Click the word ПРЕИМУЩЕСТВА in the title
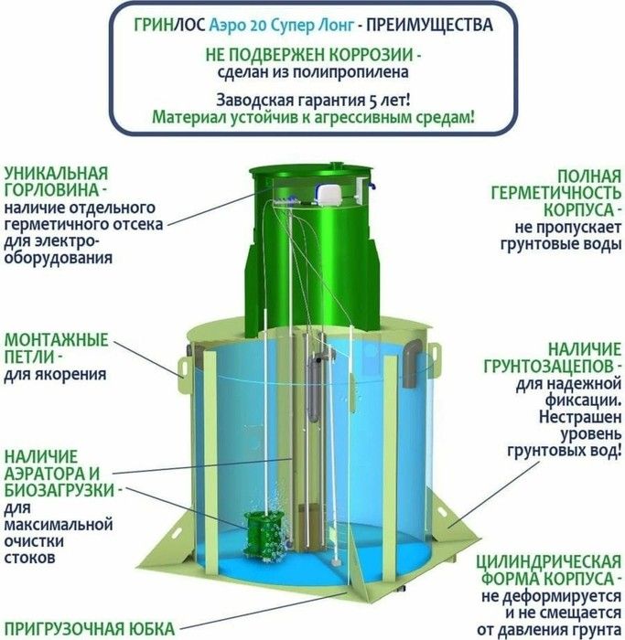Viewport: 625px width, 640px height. click(429, 26)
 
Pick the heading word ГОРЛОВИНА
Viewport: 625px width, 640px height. click(51, 190)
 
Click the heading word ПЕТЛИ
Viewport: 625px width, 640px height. click(29, 357)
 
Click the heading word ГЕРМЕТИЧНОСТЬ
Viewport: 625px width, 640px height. click(556, 193)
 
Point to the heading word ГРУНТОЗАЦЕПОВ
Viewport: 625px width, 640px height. click(549, 367)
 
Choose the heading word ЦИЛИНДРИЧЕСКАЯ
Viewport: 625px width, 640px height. click(549, 562)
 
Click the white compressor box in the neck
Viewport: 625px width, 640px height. click(329, 194)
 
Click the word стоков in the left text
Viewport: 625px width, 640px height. click(29, 558)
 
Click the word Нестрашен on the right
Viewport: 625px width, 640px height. click(580, 417)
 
